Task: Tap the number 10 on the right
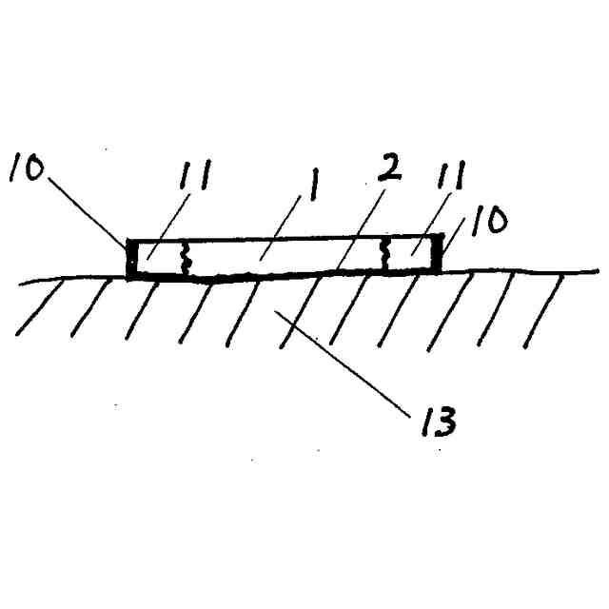click(485, 223)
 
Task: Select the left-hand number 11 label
click(194, 176)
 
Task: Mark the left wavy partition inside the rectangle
click(187, 258)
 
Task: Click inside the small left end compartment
click(160, 259)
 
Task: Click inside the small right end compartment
click(411, 255)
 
